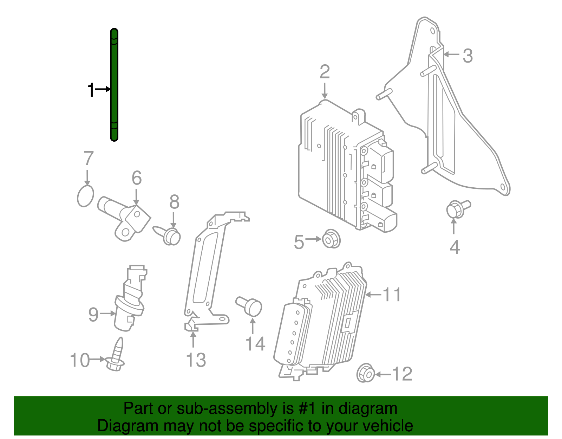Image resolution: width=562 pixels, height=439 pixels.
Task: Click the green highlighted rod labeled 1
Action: click(x=114, y=84)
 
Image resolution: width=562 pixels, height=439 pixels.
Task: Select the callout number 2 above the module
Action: click(x=325, y=72)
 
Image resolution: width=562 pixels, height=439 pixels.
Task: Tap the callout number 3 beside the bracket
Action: click(x=468, y=56)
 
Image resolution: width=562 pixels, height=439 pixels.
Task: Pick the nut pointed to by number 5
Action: click(x=331, y=239)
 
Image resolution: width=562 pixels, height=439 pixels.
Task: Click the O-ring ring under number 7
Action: click(x=85, y=196)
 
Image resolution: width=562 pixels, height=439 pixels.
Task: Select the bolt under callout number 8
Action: click(x=170, y=235)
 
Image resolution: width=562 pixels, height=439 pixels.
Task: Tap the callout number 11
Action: click(x=392, y=295)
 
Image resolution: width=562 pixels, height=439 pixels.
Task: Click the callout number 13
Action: click(x=196, y=360)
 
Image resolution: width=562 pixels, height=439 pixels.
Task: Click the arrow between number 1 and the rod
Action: click(x=103, y=89)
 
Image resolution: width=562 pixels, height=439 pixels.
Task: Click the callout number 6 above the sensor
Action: click(x=137, y=178)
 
